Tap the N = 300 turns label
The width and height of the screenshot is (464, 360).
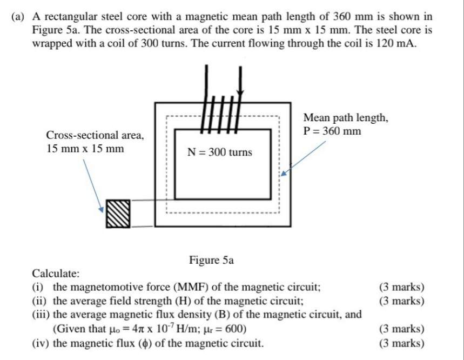point(219,152)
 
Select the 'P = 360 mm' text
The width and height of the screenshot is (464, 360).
point(332,131)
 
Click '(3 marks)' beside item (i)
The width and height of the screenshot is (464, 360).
point(402,287)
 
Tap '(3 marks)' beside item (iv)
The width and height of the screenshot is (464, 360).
point(402,343)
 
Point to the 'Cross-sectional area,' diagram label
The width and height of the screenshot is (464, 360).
point(95,135)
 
